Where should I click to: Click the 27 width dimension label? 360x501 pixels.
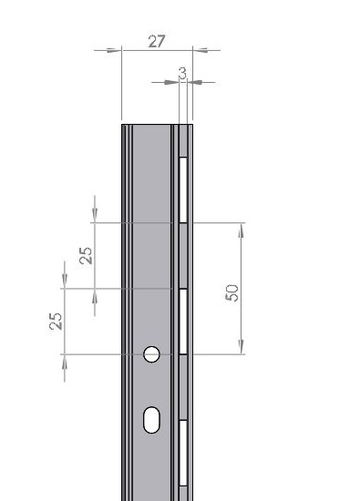pos(157,41)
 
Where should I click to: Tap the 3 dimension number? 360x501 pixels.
pos(182,73)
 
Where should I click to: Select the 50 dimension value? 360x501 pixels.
pos(232,292)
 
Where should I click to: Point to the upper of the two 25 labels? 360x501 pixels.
pos(86,256)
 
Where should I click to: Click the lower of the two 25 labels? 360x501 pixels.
pos(56,322)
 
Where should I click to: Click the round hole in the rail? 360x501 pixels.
pos(151,354)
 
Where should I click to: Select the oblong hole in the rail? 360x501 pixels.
pos(151,420)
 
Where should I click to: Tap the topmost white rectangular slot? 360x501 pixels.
pos(183,189)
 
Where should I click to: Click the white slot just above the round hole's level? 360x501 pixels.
pos(183,322)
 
